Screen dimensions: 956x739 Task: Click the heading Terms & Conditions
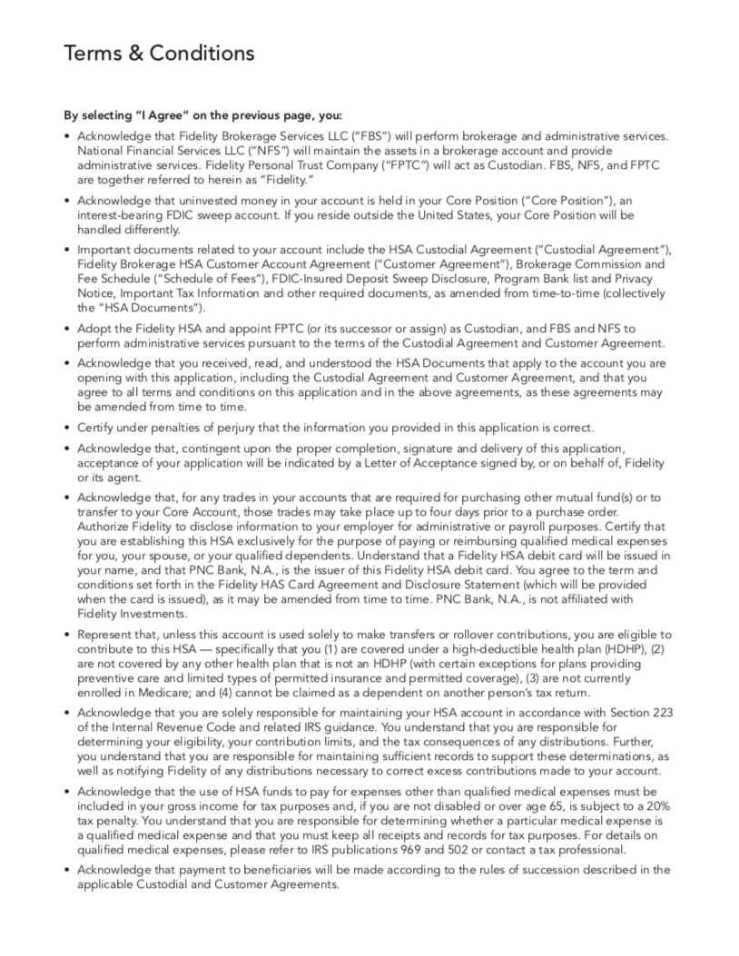pos(159,54)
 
